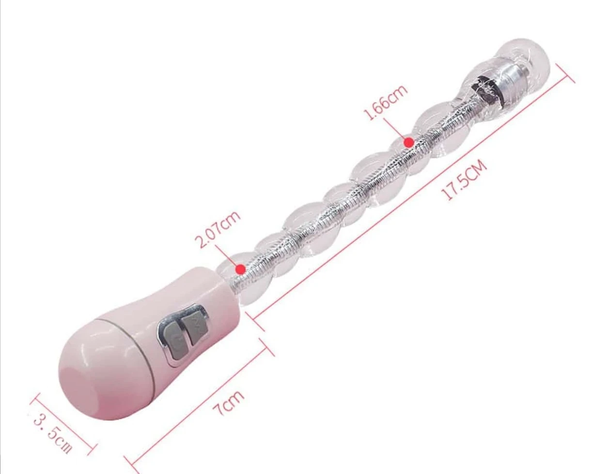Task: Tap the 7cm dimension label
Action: point(229,403)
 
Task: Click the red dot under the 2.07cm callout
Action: point(241,269)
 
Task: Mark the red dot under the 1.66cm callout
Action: point(409,142)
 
